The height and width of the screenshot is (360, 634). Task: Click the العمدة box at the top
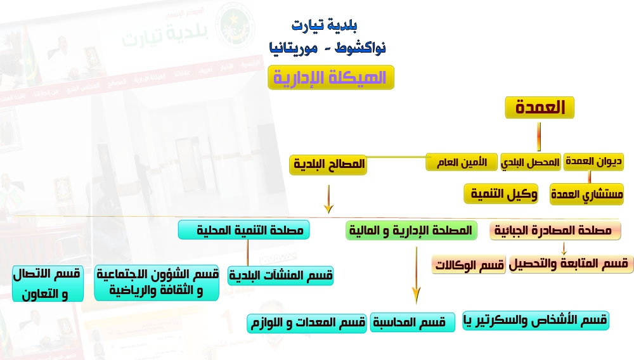tap(540, 108)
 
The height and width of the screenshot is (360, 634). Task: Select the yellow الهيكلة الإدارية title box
tap(331, 77)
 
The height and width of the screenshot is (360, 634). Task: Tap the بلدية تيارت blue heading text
tap(324, 26)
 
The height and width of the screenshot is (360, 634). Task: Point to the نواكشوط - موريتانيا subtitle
tap(328, 48)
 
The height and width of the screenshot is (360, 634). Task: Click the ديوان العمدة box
tap(593, 162)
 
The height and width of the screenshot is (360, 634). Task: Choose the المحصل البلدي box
tap(531, 162)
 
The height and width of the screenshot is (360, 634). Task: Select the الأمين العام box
tap(462, 162)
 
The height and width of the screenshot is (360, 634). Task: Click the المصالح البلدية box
tap(328, 164)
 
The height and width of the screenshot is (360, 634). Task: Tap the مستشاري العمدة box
tap(586, 194)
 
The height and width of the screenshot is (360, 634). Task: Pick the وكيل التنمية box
tap(501, 194)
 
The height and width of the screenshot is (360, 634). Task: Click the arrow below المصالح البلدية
tap(328, 199)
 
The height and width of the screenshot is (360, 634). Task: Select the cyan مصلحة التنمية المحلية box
tap(244, 230)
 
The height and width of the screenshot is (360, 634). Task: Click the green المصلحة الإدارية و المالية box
tap(411, 230)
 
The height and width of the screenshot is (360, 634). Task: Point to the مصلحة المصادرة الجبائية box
tap(555, 231)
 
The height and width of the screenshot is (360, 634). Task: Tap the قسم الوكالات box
tap(469, 265)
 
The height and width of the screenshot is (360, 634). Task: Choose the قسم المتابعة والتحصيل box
tap(571, 264)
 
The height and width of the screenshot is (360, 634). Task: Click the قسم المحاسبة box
tap(413, 323)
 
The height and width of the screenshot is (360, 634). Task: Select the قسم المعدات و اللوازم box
tap(307, 323)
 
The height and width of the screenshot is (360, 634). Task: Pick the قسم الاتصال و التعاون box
tap(48, 284)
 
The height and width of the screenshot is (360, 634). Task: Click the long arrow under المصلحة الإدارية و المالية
tap(416, 274)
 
